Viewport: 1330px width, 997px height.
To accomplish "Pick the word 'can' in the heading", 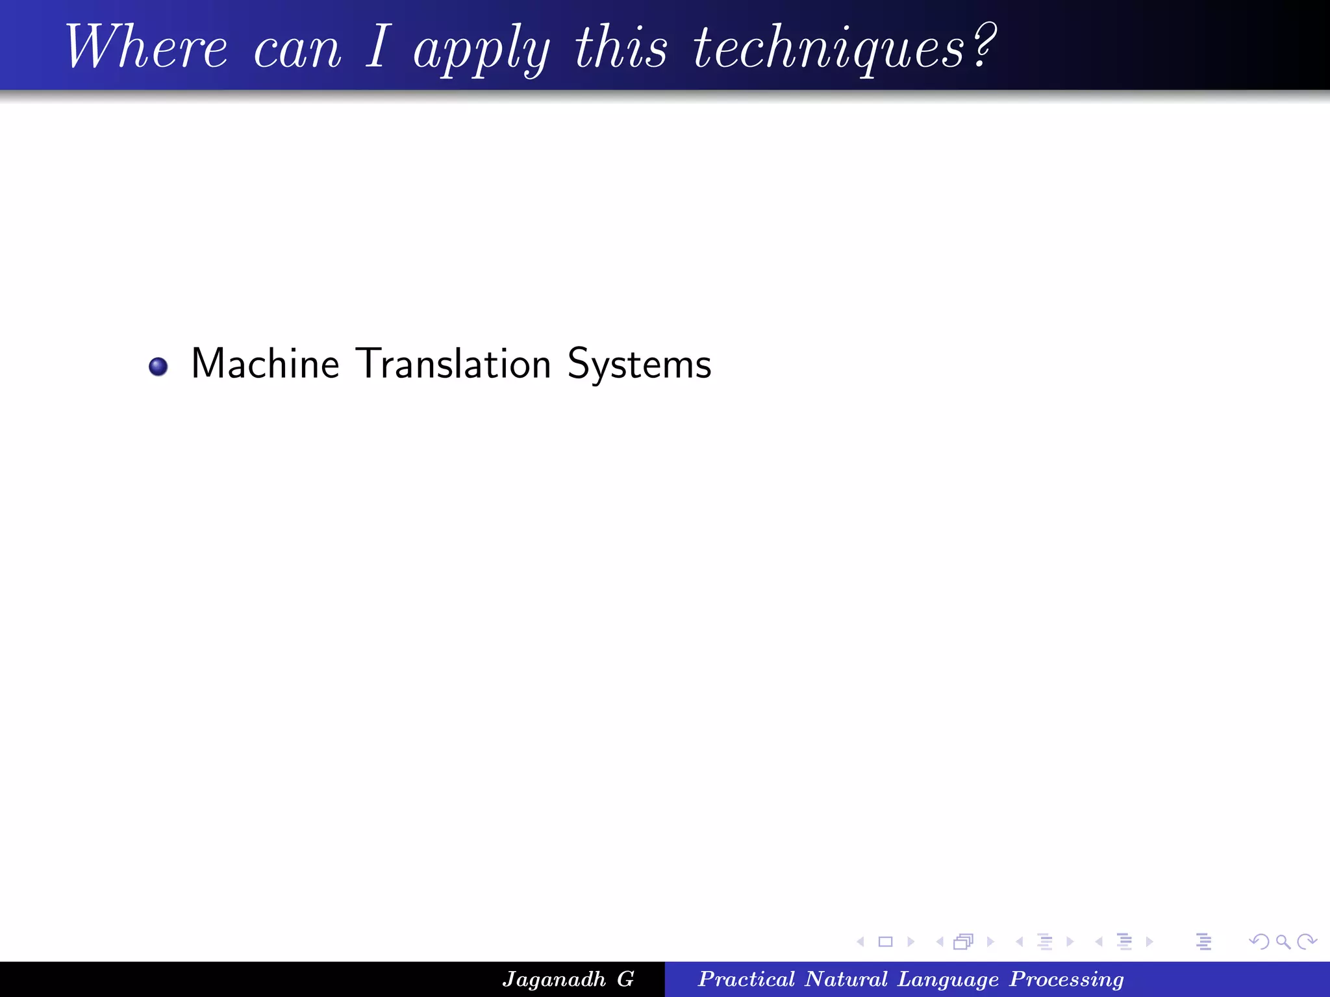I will point(297,51).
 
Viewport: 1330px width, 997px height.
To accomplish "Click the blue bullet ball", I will point(158,367).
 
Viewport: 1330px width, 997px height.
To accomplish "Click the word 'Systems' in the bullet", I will point(639,365).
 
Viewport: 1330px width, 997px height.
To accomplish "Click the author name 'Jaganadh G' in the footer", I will point(568,979).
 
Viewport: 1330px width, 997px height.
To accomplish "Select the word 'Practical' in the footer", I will point(746,979).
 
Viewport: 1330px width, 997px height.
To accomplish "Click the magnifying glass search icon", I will point(1283,942).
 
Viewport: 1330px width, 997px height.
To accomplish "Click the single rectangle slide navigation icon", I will point(885,942).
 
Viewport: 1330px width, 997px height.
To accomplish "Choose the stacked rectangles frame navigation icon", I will point(964,942).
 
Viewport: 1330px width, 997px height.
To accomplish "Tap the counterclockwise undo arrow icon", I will point(1259,942).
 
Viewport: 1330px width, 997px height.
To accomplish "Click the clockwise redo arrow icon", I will point(1306,942).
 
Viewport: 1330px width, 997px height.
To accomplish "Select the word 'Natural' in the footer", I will point(846,979).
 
